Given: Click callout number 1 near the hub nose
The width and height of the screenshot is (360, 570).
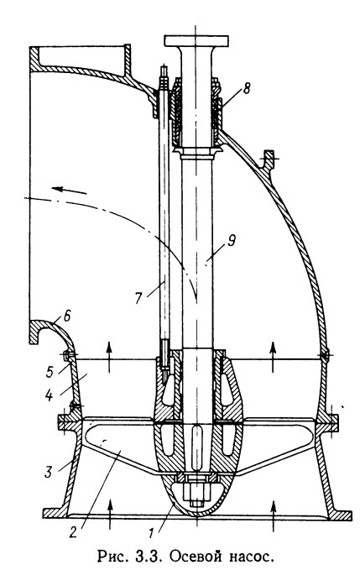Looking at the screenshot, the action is tap(151, 533).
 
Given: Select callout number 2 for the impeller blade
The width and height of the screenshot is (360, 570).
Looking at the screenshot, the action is tap(73, 532).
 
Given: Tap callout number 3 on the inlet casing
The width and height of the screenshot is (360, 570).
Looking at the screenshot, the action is tap(49, 472).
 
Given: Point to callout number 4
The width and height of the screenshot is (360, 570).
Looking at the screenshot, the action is tap(48, 395).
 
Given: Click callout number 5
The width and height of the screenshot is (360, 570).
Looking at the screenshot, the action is tap(50, 372).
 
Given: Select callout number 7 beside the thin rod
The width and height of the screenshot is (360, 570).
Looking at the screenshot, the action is tap(138, 298).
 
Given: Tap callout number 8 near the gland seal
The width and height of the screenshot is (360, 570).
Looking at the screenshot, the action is tap(247, 88).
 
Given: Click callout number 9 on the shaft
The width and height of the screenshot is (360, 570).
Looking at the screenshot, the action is tap(232, 242).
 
